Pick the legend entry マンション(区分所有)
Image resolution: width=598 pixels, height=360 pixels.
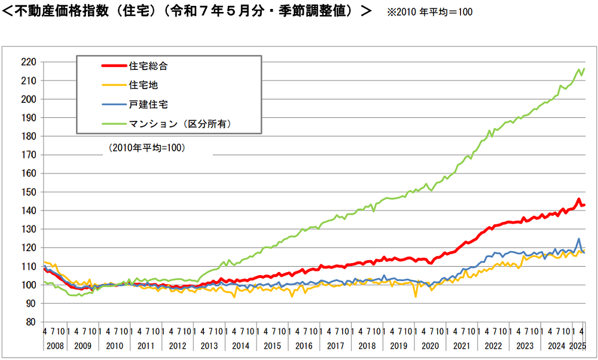coord(179,124)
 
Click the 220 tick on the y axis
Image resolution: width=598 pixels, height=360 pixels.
coord(29,62)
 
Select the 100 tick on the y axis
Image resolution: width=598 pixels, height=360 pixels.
coord(29,285)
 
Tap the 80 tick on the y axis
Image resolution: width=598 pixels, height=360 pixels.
coord(32,322)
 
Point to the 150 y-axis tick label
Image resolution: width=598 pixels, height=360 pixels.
coord(29,192)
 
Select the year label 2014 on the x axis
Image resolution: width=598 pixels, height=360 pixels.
coord(241,346)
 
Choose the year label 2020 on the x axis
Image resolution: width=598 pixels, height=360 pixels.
coord(430,346)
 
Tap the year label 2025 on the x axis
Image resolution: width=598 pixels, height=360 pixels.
coord(578,346)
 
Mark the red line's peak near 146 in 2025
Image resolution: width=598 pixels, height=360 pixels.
coord(578,199)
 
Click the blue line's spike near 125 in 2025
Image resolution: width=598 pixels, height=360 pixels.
coord(578,239)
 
